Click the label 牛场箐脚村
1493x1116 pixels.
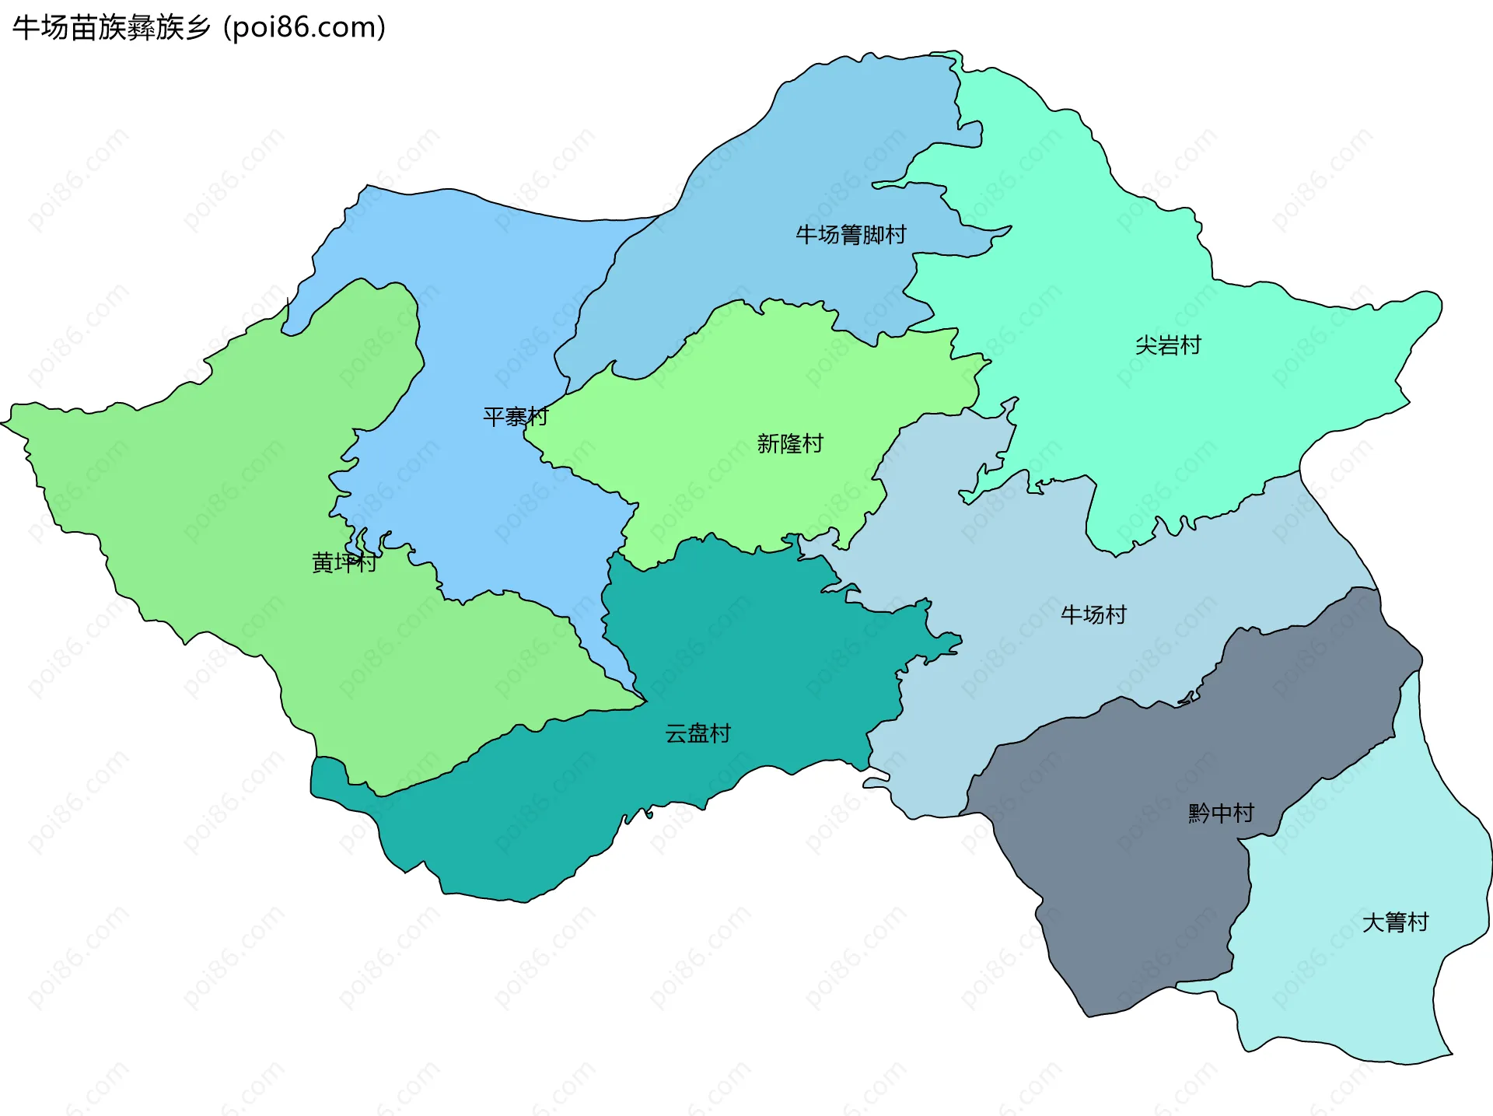tap(851, 234)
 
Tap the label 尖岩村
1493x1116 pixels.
tap(1168, 345)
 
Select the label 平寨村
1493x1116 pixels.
tap(516, 417)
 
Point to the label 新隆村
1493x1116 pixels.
tap(790, 443)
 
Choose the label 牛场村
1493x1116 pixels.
tap(1093, 614)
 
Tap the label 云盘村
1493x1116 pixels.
tap(698, 733)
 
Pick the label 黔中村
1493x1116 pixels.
tap(1221, 813)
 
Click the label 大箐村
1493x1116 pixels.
tap(1395, 922)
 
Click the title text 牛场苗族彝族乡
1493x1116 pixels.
tap(111, 28)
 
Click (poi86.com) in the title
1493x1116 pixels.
tap(304, 28)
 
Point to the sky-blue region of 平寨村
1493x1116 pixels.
tap(482, 311)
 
